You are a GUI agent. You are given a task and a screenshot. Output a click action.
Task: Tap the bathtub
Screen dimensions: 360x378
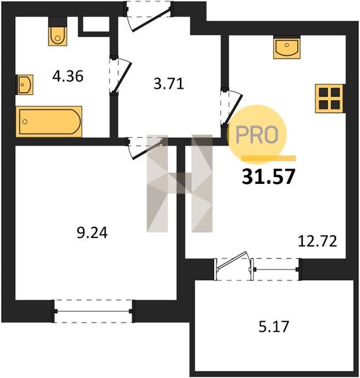pos(49,121)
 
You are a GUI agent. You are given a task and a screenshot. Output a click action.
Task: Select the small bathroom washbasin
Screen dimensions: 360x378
pos(25,84)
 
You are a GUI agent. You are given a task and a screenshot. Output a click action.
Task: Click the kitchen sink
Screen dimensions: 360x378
pos(287,47)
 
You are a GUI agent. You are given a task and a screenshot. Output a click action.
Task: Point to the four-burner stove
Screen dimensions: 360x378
pos(330,98)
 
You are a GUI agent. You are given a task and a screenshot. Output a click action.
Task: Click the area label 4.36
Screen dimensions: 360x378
pos(68,76)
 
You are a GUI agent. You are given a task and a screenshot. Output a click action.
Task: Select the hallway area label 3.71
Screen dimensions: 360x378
pos(169,84)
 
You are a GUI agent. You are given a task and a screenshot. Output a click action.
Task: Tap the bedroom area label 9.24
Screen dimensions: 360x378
pos(93,232)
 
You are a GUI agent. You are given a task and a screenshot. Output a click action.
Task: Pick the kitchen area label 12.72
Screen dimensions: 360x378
pos(317,241)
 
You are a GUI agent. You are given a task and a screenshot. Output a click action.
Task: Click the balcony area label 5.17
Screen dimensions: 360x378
pos(274,326)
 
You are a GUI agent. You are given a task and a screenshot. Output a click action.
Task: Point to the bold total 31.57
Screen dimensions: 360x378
pos(269,176)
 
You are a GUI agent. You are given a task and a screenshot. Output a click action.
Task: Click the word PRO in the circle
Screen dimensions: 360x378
pos(257,135)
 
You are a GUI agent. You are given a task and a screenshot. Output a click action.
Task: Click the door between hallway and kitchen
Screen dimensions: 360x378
pos(233,109)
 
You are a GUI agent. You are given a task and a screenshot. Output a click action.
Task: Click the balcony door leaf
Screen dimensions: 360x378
pos(232,260)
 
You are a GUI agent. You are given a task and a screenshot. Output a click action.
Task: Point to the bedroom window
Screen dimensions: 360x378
pos(93,311)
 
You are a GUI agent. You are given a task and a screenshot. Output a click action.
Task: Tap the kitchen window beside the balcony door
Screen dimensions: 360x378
pos(276,269)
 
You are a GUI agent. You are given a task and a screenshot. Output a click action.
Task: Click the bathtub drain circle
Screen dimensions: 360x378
pos(25,122)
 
